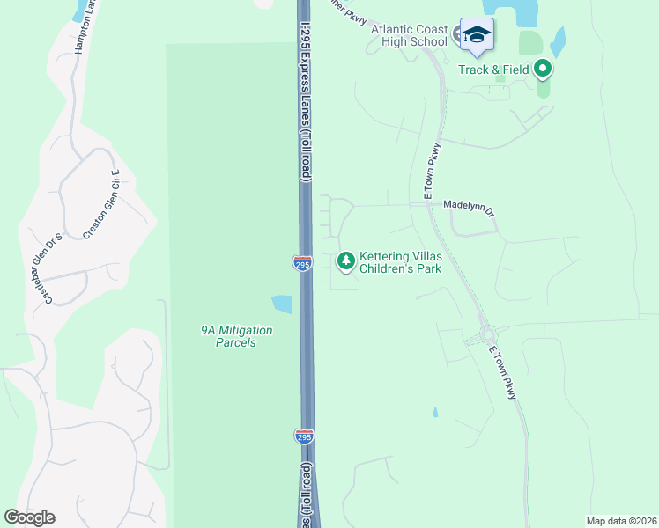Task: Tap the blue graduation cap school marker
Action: tap(477, 35)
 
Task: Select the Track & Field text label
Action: tap(493, 69)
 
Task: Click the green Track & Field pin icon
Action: tap(543, 68)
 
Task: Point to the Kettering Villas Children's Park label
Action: tap(400, 262)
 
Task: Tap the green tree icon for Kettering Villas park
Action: tap(346, 260)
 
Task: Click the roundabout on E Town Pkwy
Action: tap(487, 335)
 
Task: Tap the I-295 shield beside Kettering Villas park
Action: tap(302, 261)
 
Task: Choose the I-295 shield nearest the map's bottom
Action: tap(302, 436)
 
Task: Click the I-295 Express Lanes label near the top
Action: tap(306, 101)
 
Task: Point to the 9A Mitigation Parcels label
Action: tap(235, 336)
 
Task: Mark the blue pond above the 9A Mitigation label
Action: tap(281, 304)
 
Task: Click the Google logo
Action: tap(29, 517)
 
